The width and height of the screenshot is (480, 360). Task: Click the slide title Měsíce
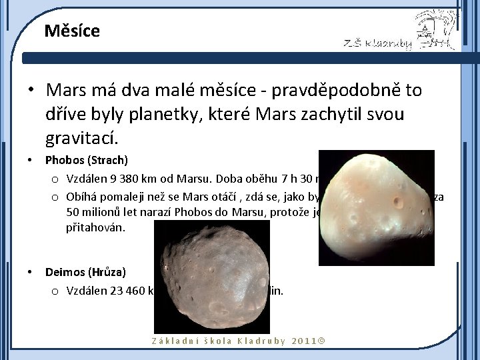[x=72, y=31]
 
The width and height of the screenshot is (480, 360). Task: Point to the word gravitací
[x=79, y=138]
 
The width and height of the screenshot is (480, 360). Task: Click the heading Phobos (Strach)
[x=86, y=160]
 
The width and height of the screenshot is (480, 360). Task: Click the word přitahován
[x=97, y=228]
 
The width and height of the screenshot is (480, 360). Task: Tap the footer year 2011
[x=305, y=341]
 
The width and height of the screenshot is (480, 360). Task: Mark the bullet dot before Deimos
[x=30, y=272]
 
